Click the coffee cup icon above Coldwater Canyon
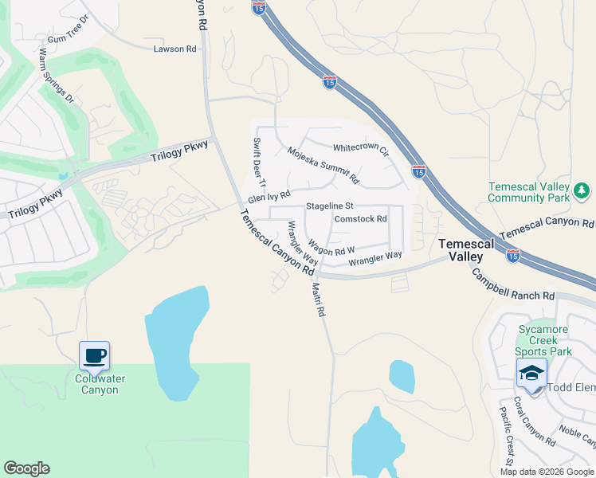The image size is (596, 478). coord(95,355)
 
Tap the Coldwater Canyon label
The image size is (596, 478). coord(100,384)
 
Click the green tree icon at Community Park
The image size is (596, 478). coord(582,190)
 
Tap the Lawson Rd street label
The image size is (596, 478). coord(174,49)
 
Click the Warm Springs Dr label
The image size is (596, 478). coord(56,76)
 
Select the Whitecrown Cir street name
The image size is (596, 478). coord(360,149)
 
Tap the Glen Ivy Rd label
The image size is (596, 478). coord(269,196)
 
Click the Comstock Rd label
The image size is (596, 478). coord(360,218)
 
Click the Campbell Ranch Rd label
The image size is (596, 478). coord(513,284)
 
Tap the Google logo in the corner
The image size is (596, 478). coord(26,468)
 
